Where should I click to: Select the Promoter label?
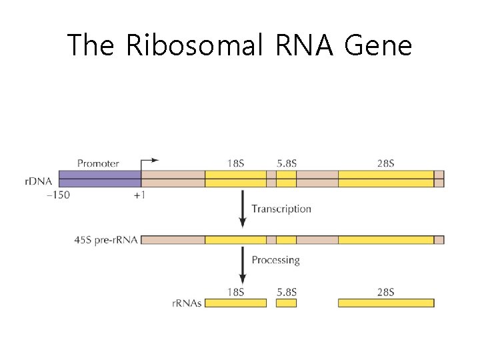tap(98, 163)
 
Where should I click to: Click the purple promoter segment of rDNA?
tap(99, 179)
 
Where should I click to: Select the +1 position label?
tap(139, 195)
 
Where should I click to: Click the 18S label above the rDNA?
tap(235, 163)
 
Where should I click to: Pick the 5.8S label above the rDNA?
tap(286, 163)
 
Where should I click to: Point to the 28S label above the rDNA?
tap(385, 163)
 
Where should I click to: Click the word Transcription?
tap(281, 209)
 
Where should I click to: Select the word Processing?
tap(275, 259)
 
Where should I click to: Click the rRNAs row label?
tap(187, 303)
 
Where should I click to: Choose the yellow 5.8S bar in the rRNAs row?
tap(286, 303)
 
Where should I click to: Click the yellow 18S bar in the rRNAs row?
tap(235, 303)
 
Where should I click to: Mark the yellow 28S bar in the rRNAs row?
tap(385, 303)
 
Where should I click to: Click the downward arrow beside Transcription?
tap(242, 209)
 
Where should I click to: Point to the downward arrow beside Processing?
tap(242, 267)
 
